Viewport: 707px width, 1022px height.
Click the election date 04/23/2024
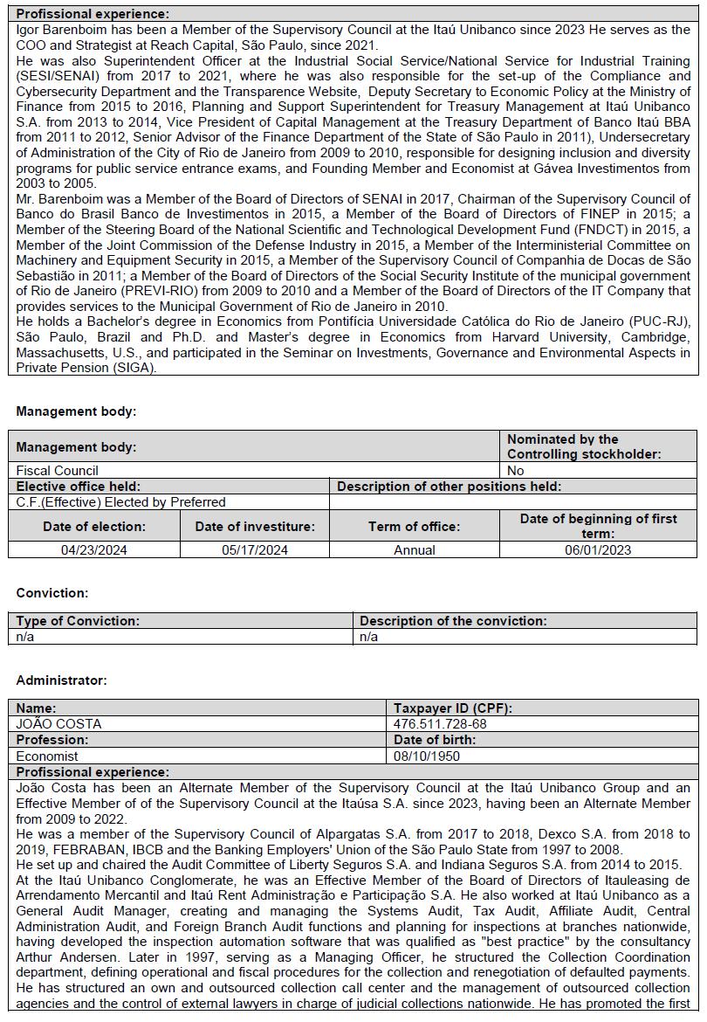click(94, 549)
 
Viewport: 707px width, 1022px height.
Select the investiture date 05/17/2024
click(255, 549)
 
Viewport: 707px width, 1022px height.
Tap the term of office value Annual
click(415, 549)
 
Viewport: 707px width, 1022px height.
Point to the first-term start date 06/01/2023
click(598, 549)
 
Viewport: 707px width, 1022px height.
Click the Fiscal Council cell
click(58, 470)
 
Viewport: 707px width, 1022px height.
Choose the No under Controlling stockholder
click(516, 470)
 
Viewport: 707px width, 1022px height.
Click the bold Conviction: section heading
click(52, 593)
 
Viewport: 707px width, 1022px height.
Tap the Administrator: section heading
click(62, 680)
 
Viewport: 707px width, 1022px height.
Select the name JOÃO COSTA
click(59, 723)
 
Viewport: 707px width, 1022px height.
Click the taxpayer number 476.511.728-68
click(440, 723)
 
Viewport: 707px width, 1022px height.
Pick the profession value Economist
click(47, 756)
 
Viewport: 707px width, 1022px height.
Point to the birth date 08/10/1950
click(427, 756)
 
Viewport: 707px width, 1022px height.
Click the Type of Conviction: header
click(78, 621)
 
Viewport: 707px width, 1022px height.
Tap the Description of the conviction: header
click(453, 621)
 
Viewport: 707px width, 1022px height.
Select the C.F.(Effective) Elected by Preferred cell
click(121, 502)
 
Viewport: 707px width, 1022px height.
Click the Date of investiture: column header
click(255, 527)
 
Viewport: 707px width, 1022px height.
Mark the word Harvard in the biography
click(497, 336)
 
